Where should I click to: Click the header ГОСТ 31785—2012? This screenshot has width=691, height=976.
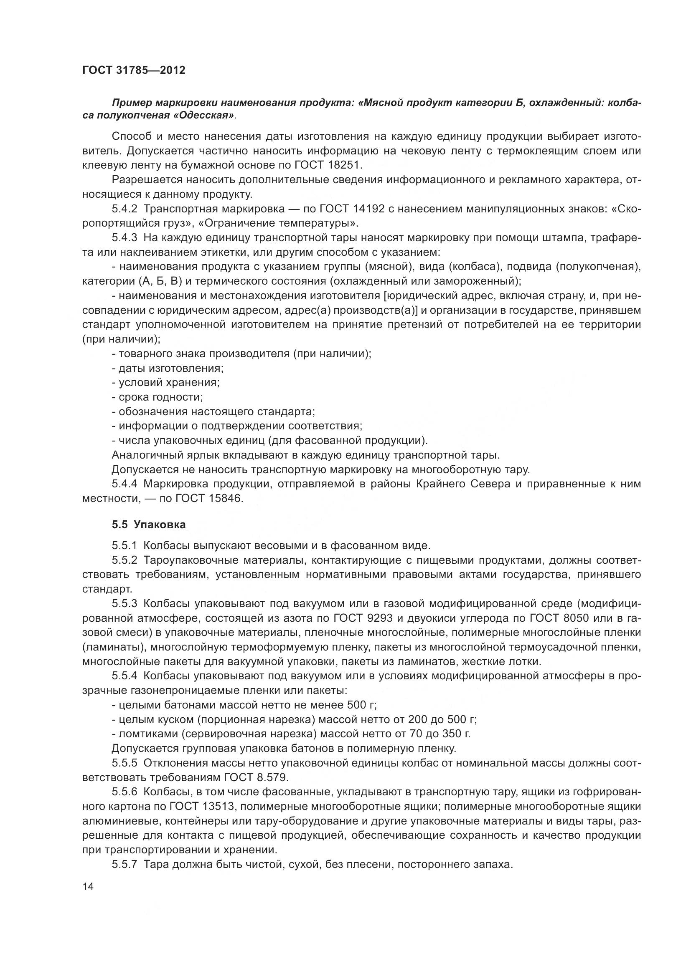(134, 71)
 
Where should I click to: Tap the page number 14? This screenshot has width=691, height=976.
(88, 886)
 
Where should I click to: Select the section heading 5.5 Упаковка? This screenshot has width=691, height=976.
(149, 525)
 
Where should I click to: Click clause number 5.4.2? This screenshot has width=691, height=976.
(124, 209)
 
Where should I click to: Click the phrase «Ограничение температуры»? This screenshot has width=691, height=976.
(277, 223)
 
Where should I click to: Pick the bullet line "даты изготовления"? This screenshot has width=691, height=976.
(168, 368)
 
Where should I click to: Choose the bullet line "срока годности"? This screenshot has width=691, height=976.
(158, 397)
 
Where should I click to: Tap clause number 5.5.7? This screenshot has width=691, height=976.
(124, 864)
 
